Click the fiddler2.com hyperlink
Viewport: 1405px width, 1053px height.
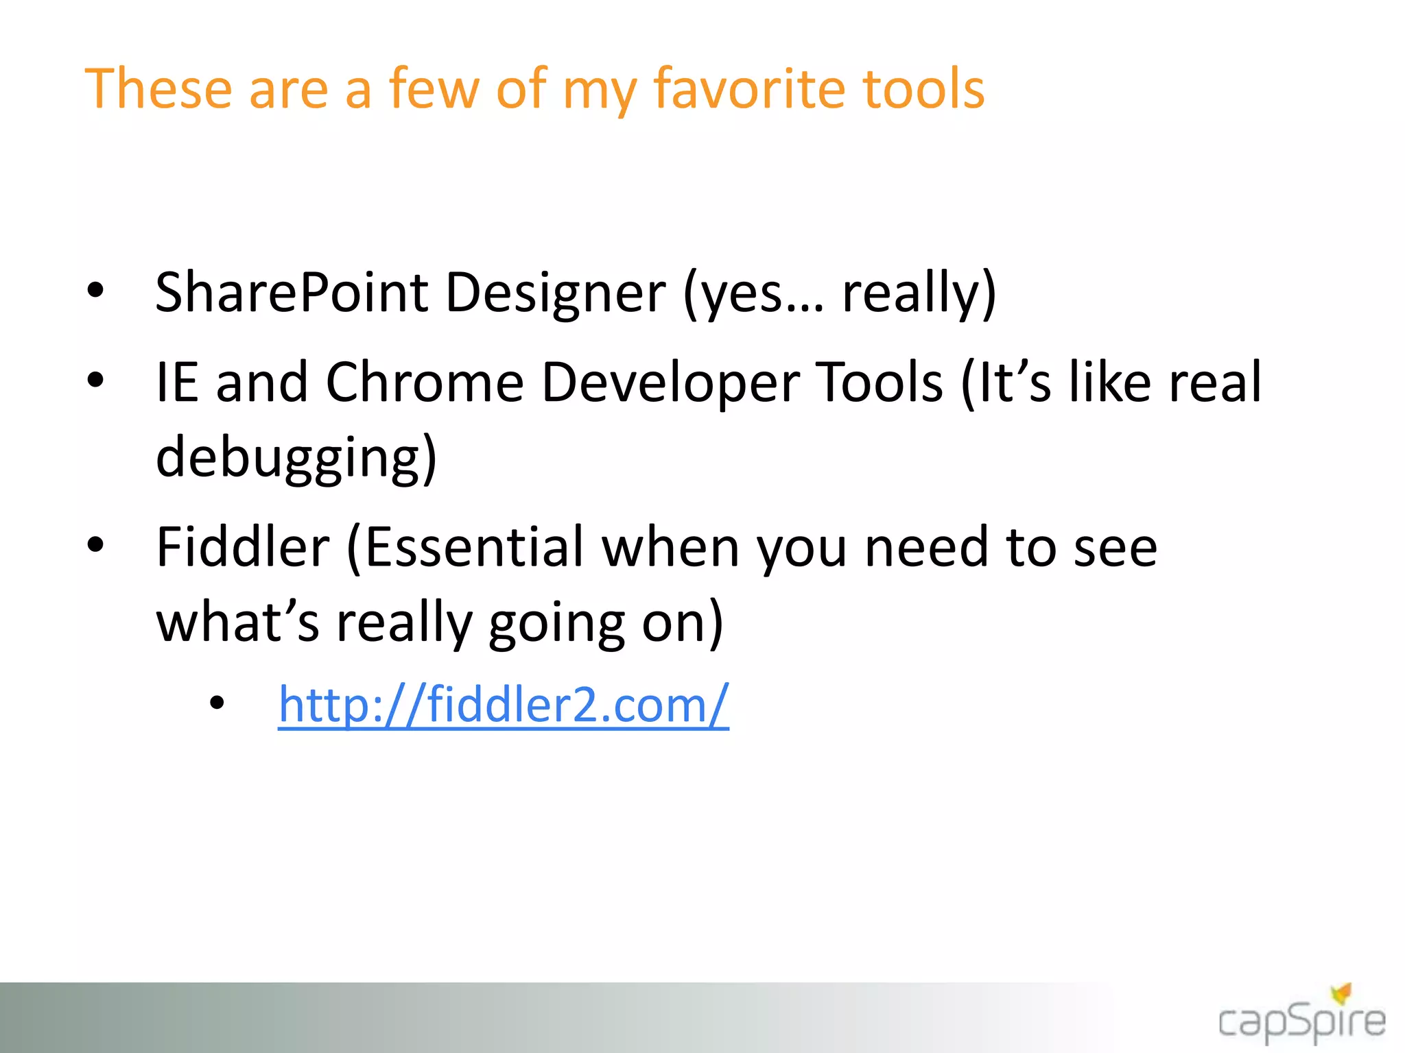[503, 705]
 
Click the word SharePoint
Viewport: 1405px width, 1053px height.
[292, 293]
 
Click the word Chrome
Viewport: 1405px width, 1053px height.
[424, 383]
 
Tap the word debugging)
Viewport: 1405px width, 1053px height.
[296, 458]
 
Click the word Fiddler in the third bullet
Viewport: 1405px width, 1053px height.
[243, 547]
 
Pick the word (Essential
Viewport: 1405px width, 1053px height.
[465, 547]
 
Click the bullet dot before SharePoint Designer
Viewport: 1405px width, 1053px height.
[95, 290]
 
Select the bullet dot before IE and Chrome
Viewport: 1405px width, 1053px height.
[95, 379]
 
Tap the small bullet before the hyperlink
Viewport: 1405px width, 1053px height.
[217, 703]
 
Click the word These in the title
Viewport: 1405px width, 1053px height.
[158, 89]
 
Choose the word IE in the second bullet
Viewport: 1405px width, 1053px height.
[177, 383]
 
